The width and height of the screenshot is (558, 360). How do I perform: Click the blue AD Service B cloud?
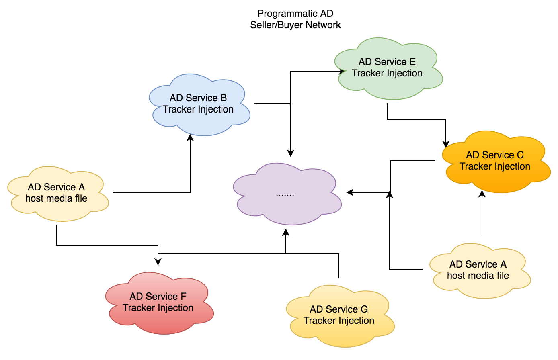pyautogui.click(x=199, y=104)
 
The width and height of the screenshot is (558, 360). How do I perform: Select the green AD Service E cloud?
pyautogui.click(x=388, y=68)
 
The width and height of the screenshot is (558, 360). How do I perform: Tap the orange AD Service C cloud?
pyautogui.click(x=496, y=162)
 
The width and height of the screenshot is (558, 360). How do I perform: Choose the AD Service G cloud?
pyautogui.click(x=340, y=316)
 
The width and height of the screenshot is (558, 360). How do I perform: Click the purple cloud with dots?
pyautogui.click(x=287, y=194)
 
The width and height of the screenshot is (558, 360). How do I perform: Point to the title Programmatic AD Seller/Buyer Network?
pyautogui.click(x=295, y=19)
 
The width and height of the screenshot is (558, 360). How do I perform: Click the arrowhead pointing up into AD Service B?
pyautogui.click(x=190, y=137)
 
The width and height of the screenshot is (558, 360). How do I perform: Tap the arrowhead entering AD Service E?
pyautogui.click(x=341, y=71)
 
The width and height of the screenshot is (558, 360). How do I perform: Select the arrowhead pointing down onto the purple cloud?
pyautogui.click(x=291, y=153)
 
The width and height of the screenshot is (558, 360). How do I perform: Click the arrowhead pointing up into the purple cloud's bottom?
pyautogui.click(x=286, y=232)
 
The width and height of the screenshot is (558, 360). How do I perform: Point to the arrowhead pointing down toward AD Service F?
pyautogui.click(x=158, y=262)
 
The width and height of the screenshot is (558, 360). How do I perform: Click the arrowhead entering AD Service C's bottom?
pyautogui.click(x=482, y=194)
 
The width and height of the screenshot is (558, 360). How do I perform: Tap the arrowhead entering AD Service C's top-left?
pyautogui.click(x=446, y=144)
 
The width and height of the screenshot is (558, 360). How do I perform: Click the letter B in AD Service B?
pyautogui.click(x=224, y=98)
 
